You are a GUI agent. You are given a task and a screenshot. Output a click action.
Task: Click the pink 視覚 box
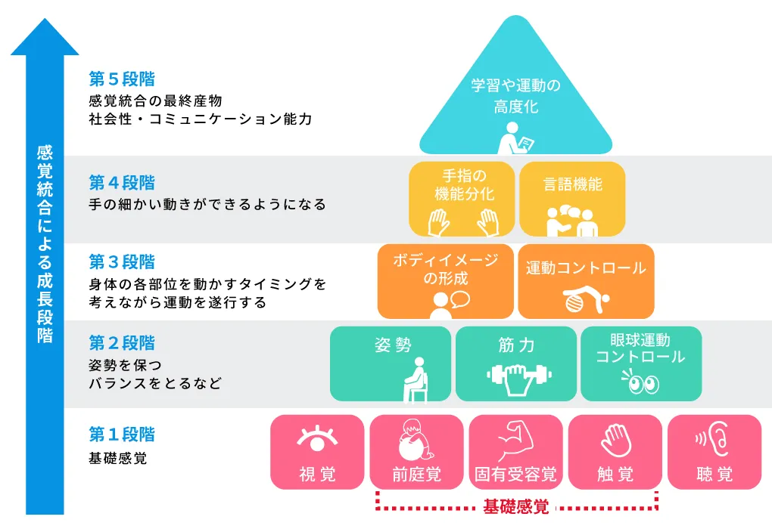click(x=317, y=452)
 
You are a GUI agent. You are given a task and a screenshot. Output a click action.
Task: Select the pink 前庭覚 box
click(x=416, y=452)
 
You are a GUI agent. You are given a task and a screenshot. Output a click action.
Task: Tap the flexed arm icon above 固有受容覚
click(x=515, y=438)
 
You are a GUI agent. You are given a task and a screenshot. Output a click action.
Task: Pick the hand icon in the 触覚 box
click(x=615, y=438)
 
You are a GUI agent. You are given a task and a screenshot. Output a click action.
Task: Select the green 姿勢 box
click(x=390, y=363)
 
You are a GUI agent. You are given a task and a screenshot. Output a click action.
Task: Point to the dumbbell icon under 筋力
click(x=516, y=376)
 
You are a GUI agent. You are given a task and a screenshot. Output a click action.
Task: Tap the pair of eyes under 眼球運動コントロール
click(x=640, y=383)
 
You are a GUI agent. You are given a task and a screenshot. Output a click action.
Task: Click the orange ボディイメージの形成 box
click(x=446, y=280)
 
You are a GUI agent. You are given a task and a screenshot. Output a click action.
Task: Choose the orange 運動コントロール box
click(x=586, y=280)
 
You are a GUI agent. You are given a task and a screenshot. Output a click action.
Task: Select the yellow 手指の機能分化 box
click(x=462, y=199)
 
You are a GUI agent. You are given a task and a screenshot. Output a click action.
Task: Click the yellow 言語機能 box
click(x=572, y=199)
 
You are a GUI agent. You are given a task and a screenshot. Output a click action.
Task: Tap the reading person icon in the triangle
click(x=515, y=138)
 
